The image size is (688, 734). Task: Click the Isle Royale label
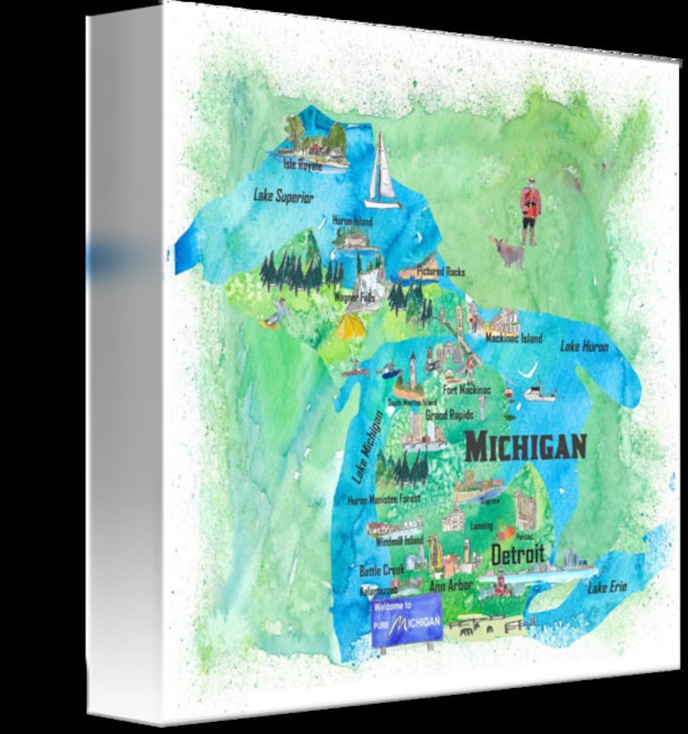(302, 165)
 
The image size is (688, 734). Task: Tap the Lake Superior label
(283, 197)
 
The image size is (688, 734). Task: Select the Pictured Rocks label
(440, 272)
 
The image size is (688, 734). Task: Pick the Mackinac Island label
(513, 338)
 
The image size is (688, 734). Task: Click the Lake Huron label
(584, 347)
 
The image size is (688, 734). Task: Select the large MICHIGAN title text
(525, 447)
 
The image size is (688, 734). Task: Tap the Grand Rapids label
(449, 415)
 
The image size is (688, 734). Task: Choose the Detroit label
(517, 555)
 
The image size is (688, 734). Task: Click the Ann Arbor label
(451, 586)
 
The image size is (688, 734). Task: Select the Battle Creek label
(381, 571)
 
